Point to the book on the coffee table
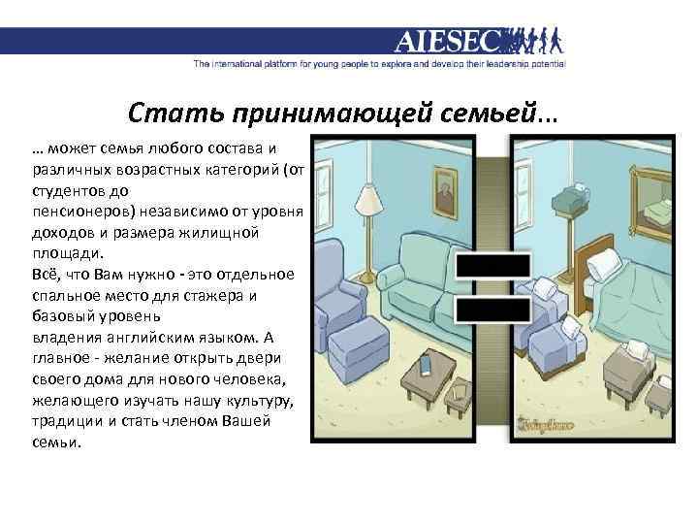tap(424, 367)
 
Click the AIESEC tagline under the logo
tap(378, 65)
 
